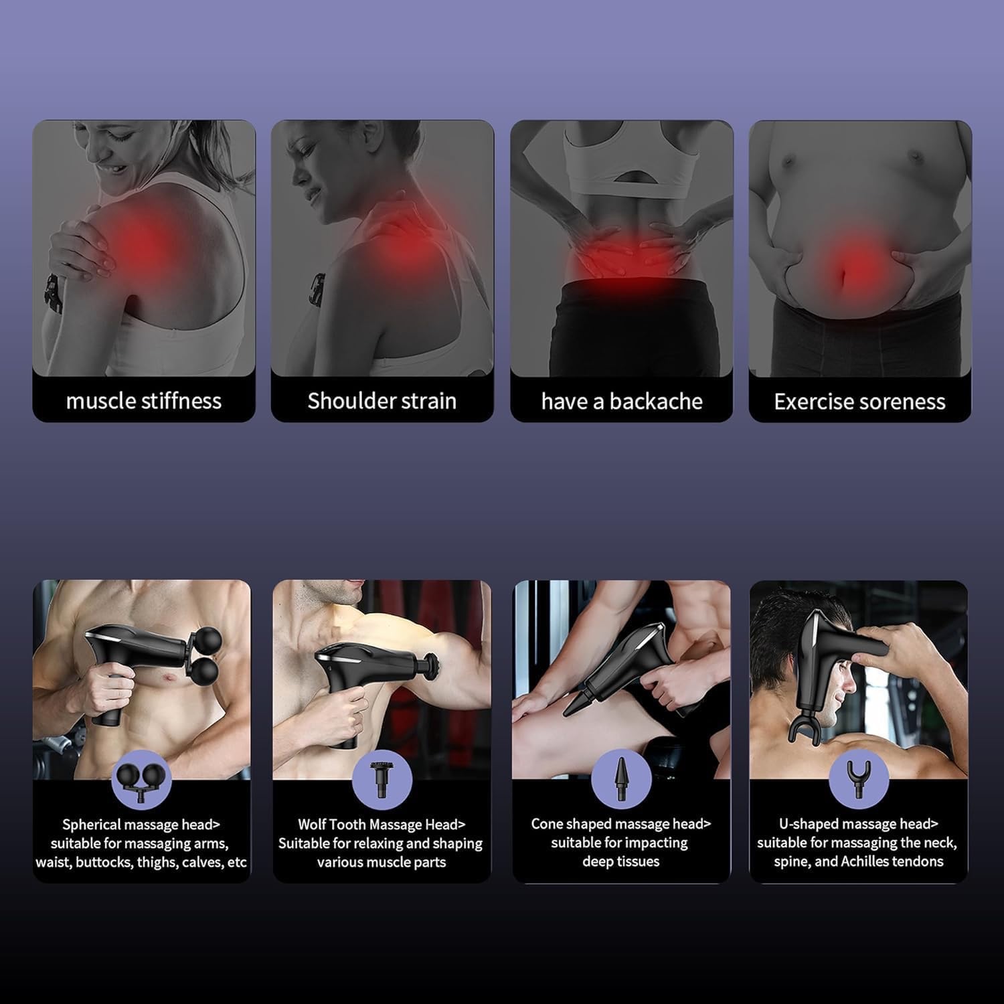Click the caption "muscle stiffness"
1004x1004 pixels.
coord(144,401)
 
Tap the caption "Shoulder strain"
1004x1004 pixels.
coord(382,401)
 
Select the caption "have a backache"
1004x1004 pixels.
coord(622,401)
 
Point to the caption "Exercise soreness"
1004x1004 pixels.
coord(860,401)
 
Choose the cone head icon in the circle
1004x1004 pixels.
coord(620,778)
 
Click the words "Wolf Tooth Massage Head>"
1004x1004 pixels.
coord(382,825)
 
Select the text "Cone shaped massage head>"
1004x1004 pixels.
coord(621,824)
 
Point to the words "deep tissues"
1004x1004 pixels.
coord(621,861)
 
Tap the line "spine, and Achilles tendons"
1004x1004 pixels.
coord(859,861)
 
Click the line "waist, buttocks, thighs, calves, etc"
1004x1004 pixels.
coord(141,862)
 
